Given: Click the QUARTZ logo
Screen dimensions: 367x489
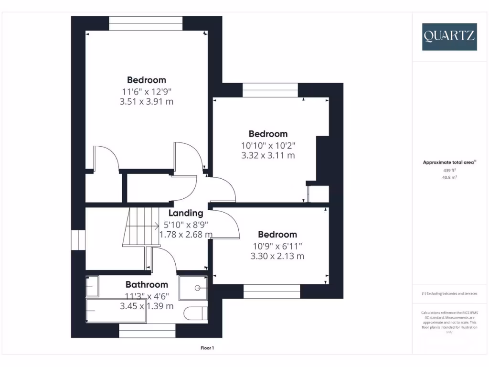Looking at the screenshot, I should (x=449, y=37).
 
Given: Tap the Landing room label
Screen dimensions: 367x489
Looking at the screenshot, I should (x=186, y=213).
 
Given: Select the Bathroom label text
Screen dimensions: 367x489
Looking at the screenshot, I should (x=147, y=284).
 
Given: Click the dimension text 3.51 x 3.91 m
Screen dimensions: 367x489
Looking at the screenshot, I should (x=147, y=101).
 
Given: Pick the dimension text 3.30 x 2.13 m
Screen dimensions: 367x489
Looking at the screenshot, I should (x=277, y=256).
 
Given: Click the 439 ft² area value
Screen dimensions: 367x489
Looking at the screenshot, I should (x=449, y=170).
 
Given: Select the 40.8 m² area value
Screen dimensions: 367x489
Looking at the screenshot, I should (x=449, y=177).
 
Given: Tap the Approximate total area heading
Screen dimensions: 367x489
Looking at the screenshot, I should (x=449, y=162).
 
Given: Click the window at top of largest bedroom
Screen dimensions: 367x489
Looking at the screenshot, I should (x=146, y=23).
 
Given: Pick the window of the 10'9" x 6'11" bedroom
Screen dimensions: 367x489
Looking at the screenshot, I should (x=272, y=291).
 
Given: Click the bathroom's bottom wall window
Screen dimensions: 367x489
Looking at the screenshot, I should (x=147, y=331).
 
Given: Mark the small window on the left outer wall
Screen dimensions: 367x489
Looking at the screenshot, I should (x=78, y=240).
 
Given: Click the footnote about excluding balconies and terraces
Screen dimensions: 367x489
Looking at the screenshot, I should (x=449, y=293).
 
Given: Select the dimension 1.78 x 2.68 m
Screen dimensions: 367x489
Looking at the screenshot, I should (x=186, y=234).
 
